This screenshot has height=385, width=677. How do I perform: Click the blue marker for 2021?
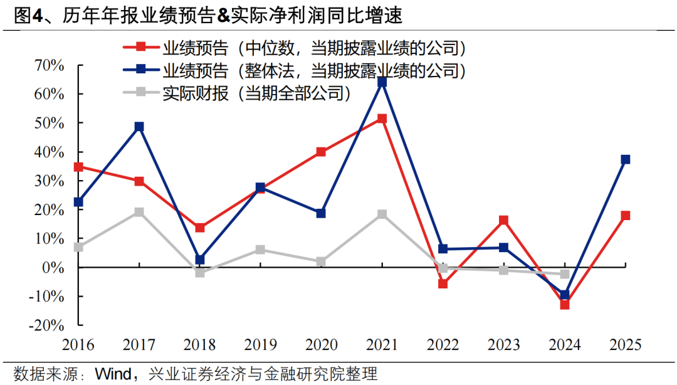382,82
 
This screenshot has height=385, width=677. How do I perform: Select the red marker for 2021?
382,119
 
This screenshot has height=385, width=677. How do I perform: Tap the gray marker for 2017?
139,213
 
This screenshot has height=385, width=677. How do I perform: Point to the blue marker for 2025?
626,160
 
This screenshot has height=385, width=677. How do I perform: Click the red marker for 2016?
78,167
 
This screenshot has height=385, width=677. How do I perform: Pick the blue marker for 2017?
139,127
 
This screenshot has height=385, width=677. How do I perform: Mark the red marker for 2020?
322,152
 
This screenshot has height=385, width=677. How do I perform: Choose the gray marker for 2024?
565,274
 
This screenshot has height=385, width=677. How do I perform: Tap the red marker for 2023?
504,220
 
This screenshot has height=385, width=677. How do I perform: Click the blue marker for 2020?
322,213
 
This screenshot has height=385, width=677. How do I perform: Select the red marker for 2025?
626,216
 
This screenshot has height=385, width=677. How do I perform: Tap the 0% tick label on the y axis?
54,268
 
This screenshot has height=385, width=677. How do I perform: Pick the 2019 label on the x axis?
261,345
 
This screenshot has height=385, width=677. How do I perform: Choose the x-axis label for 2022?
443,345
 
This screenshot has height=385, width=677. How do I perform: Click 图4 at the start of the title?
28,16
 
